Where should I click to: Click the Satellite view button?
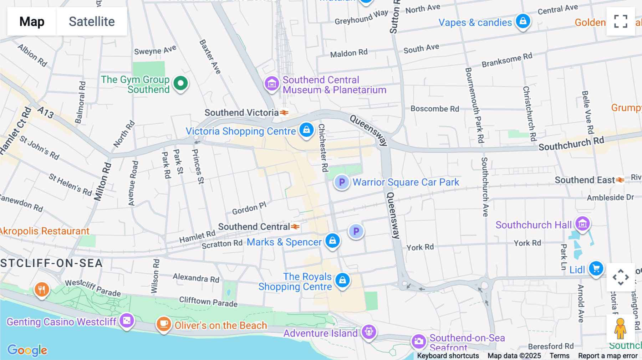click(x=92, y=21)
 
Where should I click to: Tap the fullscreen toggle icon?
click(x=621, y=21)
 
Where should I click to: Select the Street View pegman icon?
click(x=620, y=328)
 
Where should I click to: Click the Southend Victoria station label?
click(x=241, y=113)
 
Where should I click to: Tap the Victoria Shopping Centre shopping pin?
click(x=306, y=130)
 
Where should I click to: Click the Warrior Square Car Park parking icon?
click(x=342, y=182)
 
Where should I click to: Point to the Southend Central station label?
click(x=254, y=227)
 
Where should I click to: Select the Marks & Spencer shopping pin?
click(x=332, y=241)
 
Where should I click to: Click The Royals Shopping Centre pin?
click(x=342, y=281)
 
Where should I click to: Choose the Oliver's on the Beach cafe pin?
click(x=164, y=324)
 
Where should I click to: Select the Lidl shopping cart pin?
click(x=596, y=268)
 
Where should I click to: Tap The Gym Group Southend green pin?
click(x=180, y=83)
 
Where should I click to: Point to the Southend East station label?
click(x=585, y=180)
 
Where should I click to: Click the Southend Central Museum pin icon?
click(x=272, y=84)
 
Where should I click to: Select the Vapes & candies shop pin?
click(x=523, y=21)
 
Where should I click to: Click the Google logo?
click(x=27, y=350)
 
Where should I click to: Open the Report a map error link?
click(x=608, y=356)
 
